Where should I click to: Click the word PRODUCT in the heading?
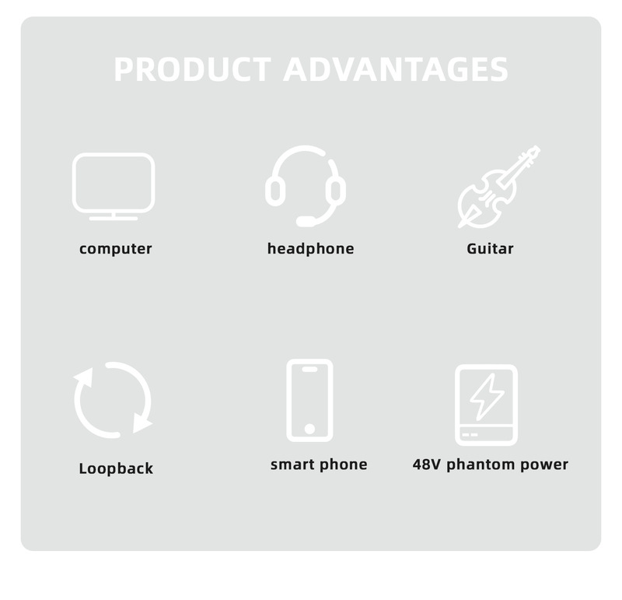[192, 69]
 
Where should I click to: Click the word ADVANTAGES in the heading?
[396, 69]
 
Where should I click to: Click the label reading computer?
[115, 249]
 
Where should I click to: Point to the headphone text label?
[310, 248]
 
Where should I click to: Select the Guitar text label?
[490, 248]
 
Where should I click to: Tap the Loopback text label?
[116, 468]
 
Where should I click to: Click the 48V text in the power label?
[426, 464]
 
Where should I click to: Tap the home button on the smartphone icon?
[309, 429]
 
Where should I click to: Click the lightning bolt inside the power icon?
[487, 396]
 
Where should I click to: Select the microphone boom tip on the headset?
[306, 222]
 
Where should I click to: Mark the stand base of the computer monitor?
[114, 218]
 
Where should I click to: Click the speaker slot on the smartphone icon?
[309, 370]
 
